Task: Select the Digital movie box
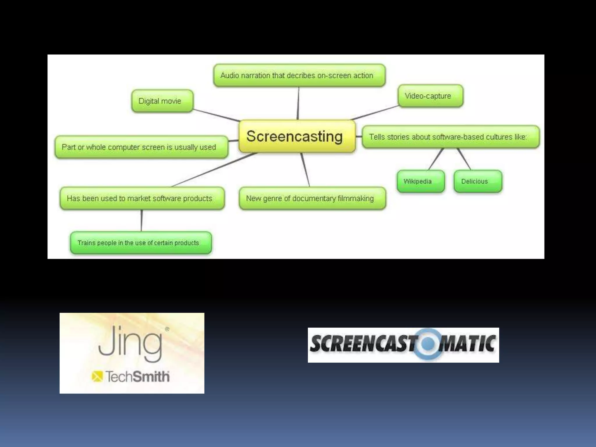click(162, 101)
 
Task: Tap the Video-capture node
click(430, 96)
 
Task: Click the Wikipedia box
click(421, 181)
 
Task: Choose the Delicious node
click(478, 181)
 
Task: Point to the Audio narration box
click(299, 75)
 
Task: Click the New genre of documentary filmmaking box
click(312, 198)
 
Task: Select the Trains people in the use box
click(141, 243)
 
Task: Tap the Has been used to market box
click(142, 198)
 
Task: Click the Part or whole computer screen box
click(141, 147)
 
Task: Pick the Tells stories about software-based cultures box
click(450, 137)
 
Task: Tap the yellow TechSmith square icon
click(97, 376)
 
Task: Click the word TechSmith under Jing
click(137, 377)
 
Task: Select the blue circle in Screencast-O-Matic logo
click(428, 344)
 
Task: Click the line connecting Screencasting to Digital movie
click(216, 115)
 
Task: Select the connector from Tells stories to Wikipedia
click(436, 159)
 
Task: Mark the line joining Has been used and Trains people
click(141, 220)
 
